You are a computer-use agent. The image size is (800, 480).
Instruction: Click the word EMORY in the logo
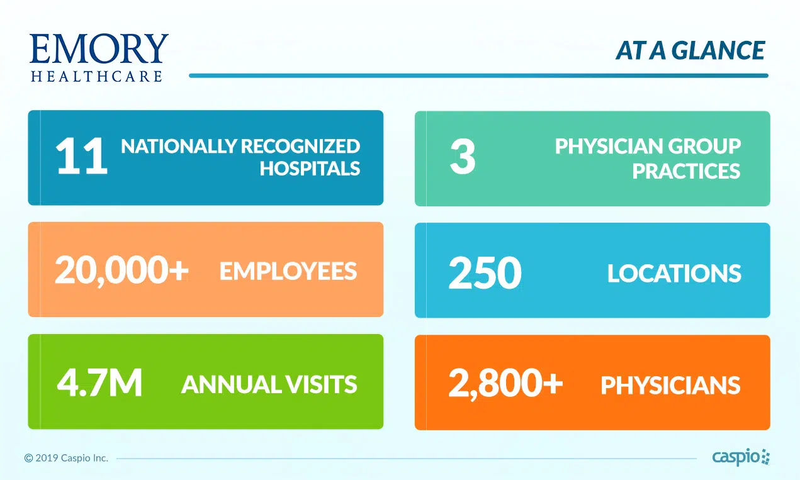tap(99, 48)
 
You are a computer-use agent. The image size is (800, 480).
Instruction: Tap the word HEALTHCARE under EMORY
tap(96, 76)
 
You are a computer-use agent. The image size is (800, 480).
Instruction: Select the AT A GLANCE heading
tap(690, 50)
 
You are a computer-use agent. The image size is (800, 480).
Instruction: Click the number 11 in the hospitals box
tap(81, 156)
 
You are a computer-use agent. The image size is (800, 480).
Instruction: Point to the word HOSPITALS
tap(310, 169)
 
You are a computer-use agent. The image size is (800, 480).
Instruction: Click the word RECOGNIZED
tap(300, 146)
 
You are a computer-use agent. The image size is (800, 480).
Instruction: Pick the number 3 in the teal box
tap(463, 156)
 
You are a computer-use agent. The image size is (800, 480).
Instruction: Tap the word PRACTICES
tap(686, 171)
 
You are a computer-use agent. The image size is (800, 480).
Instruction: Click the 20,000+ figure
tap(121, 270)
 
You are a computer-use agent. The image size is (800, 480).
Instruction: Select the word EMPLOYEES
tap(288, 271)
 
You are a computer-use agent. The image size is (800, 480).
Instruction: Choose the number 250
tap(485, 272)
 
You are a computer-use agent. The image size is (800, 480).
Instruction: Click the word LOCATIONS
tap(674, 274)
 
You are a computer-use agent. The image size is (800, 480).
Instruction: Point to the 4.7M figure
tap(99, 382)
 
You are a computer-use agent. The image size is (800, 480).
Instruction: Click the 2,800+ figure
tap(505, 383)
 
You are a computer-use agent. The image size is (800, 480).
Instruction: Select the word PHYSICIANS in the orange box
tap(671, 386)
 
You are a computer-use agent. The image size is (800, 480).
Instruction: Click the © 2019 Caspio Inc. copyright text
tap(66, 458)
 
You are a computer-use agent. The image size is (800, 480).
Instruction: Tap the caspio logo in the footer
tap(741, 457)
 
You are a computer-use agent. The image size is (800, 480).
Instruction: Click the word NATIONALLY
tap(179, 146)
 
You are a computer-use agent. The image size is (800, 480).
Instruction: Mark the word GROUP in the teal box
tap(704, 147)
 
